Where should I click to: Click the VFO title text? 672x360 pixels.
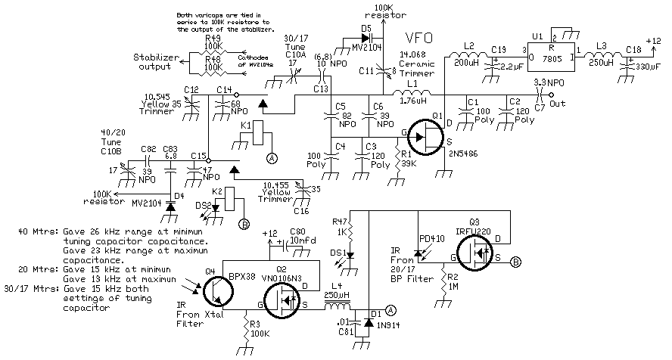point(421,38)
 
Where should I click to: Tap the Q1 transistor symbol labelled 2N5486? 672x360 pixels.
point(428,137)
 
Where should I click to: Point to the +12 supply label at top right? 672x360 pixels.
point(653,41)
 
